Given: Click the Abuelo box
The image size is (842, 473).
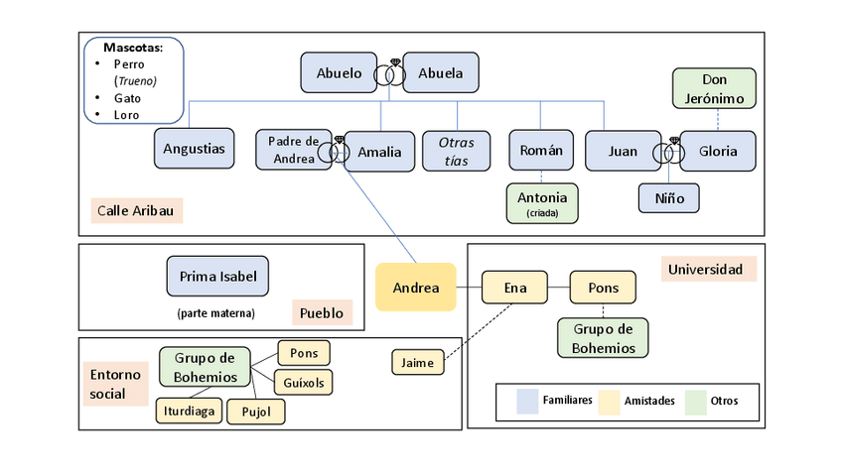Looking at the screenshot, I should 340,73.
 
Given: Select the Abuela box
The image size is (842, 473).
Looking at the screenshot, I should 440,73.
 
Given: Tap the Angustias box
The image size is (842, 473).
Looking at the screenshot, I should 195,149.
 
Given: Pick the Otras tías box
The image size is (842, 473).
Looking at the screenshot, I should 456,151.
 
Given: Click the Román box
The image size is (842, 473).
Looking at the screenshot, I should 541,151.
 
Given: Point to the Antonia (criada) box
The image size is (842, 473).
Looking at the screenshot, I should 541,202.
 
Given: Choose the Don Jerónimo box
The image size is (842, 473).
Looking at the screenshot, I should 715,88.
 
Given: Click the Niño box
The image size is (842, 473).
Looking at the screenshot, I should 669,198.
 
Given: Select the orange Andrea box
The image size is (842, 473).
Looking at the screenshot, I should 415,288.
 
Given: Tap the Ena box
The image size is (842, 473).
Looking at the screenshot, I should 514,288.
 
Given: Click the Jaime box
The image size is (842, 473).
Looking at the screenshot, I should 418,363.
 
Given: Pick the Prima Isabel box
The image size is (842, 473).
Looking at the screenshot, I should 217,276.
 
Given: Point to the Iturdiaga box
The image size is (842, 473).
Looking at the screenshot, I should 188,411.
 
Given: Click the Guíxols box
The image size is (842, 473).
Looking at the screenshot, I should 304,381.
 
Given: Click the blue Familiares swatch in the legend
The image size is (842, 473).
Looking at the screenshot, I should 527,401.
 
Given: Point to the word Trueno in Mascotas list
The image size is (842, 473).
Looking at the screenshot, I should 135,81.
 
